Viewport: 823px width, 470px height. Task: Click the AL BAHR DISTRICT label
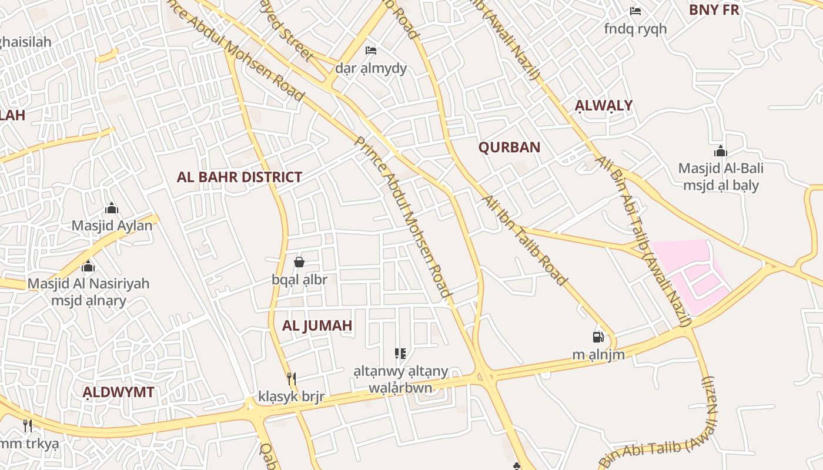coord(239,177)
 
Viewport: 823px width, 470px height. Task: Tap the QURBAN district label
coord(509,147)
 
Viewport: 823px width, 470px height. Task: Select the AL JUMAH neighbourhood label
coord(317,325)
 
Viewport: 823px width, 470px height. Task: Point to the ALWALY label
coord(604,106)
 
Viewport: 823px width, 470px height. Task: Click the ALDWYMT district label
coord(118,392)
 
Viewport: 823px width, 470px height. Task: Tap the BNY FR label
coord(714,10)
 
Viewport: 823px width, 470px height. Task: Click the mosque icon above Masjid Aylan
coord(112,208)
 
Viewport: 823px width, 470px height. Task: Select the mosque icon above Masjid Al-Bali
coord(721,151)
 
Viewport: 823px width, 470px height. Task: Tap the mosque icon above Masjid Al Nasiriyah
coord(88,266)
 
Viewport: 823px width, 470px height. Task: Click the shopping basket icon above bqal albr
coord(299,262)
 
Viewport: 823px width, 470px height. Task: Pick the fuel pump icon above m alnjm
coord(598,337)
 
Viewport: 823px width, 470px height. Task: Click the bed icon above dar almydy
coord(371,51)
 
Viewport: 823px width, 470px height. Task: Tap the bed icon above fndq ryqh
coord(635,11)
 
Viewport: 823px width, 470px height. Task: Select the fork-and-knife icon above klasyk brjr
coord(290,378)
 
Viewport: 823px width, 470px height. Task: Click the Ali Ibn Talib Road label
coord(524,241)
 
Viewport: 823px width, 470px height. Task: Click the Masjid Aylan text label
coord(112,225)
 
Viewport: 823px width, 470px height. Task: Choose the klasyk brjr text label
coord(291,397)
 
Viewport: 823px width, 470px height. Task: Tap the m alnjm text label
coord(598,354)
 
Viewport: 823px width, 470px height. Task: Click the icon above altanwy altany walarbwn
coord(400,354)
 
